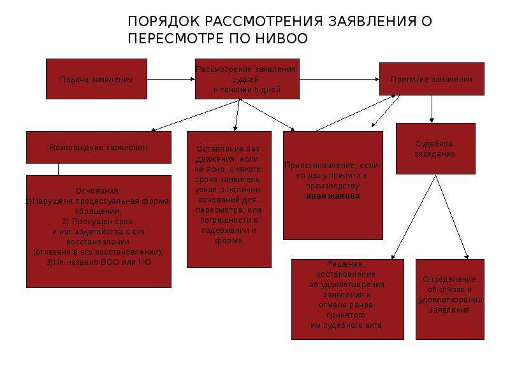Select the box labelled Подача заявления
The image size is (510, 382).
pos(96,80)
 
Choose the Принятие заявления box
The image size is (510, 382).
pos(432,80)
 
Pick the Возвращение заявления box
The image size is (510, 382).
pos(98,147)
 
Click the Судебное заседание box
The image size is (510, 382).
pos(434,148)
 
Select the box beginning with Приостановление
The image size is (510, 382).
pos(332,185)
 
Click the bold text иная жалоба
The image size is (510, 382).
pos(332,196)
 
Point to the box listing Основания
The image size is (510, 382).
pos(98,230)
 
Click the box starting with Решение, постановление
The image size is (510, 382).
pos(346,298)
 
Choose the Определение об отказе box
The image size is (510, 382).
pos(449,298)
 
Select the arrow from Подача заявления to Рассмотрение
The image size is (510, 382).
pos(171,80)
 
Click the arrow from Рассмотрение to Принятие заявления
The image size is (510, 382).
pos(339,80)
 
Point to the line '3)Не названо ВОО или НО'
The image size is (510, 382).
pos(99,262)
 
